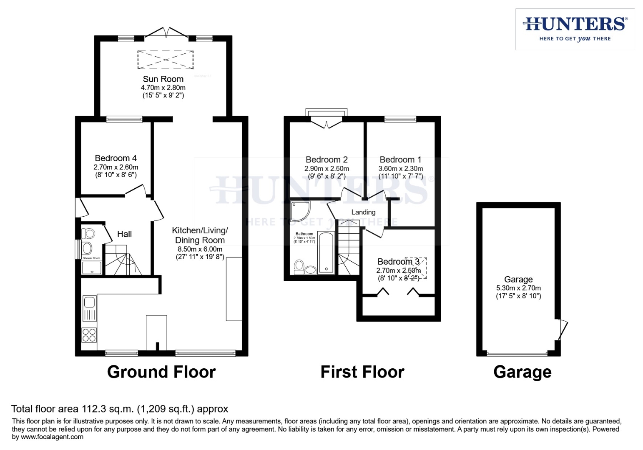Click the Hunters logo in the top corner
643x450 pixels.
point(575,29)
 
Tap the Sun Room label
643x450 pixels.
point(163,79)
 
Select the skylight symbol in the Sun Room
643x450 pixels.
point(166,60)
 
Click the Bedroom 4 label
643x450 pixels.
point(116,158)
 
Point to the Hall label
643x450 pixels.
point(124,234)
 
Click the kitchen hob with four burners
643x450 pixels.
point(89,335)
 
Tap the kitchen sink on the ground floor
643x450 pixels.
point(90,308)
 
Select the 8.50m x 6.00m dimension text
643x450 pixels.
point(200,249)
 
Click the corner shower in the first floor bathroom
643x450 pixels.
point(300,211)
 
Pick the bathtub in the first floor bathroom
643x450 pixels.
point(326,252)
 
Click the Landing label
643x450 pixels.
point(363,212)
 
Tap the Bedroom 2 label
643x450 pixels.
point(327,160)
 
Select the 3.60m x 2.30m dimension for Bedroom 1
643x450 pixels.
point(400,169)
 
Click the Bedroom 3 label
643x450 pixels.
point(398,262)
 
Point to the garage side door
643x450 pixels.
point(562,329)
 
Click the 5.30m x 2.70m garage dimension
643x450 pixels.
point(518,288)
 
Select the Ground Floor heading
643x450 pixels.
point(161,372)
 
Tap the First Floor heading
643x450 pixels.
point(362,372)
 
